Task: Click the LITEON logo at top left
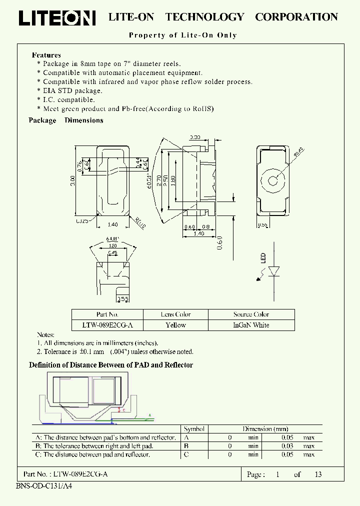click(57, 18)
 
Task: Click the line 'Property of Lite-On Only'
click(183, 35)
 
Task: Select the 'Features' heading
click(46, 55)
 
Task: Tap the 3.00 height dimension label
click(73, 180)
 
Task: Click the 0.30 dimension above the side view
click(195, 137)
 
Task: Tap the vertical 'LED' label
click(263, 258)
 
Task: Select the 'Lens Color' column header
click(175, 314)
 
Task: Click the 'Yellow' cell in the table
click(175, 325)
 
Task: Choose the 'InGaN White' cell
click(251, 325)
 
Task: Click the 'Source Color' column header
click(251, 314)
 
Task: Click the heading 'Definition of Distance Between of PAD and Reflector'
click(111, 365)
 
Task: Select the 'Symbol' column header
click(194, 429)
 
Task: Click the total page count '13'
click(318, 474)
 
